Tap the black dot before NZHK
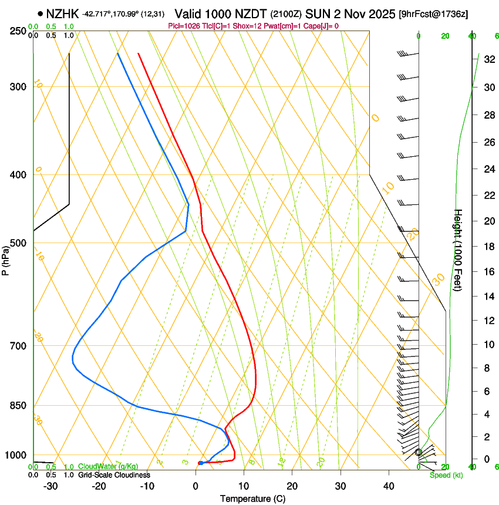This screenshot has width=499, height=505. pyautogui.click(x=40, y=14)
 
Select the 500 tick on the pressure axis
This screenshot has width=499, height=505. pyautogui.click(x=19, y=243)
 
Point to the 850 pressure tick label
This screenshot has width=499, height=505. pyautogui.click(x=19, y=406)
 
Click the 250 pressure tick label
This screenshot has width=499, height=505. pyautogui.click(x=19, y=31)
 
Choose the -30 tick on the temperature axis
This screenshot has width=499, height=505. pyautogui.click(x=50, y=486)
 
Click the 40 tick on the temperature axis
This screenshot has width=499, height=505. pyautogui.click(x=389, y=486)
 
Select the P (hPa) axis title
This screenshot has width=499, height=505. pyautogui.click(x=6, y=258)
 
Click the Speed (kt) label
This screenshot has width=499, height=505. pyautogui.click(x=446, y=475)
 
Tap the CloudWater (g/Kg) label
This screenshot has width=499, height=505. pyautogui.click(x=108, y=466)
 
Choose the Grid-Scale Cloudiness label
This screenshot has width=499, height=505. pyautogui.click(x=113, y=474)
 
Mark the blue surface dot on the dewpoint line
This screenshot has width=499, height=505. pyautogui.click(x=200, y=463)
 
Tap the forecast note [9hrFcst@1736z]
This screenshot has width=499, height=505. pyautogui.click(x=433, y=14)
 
